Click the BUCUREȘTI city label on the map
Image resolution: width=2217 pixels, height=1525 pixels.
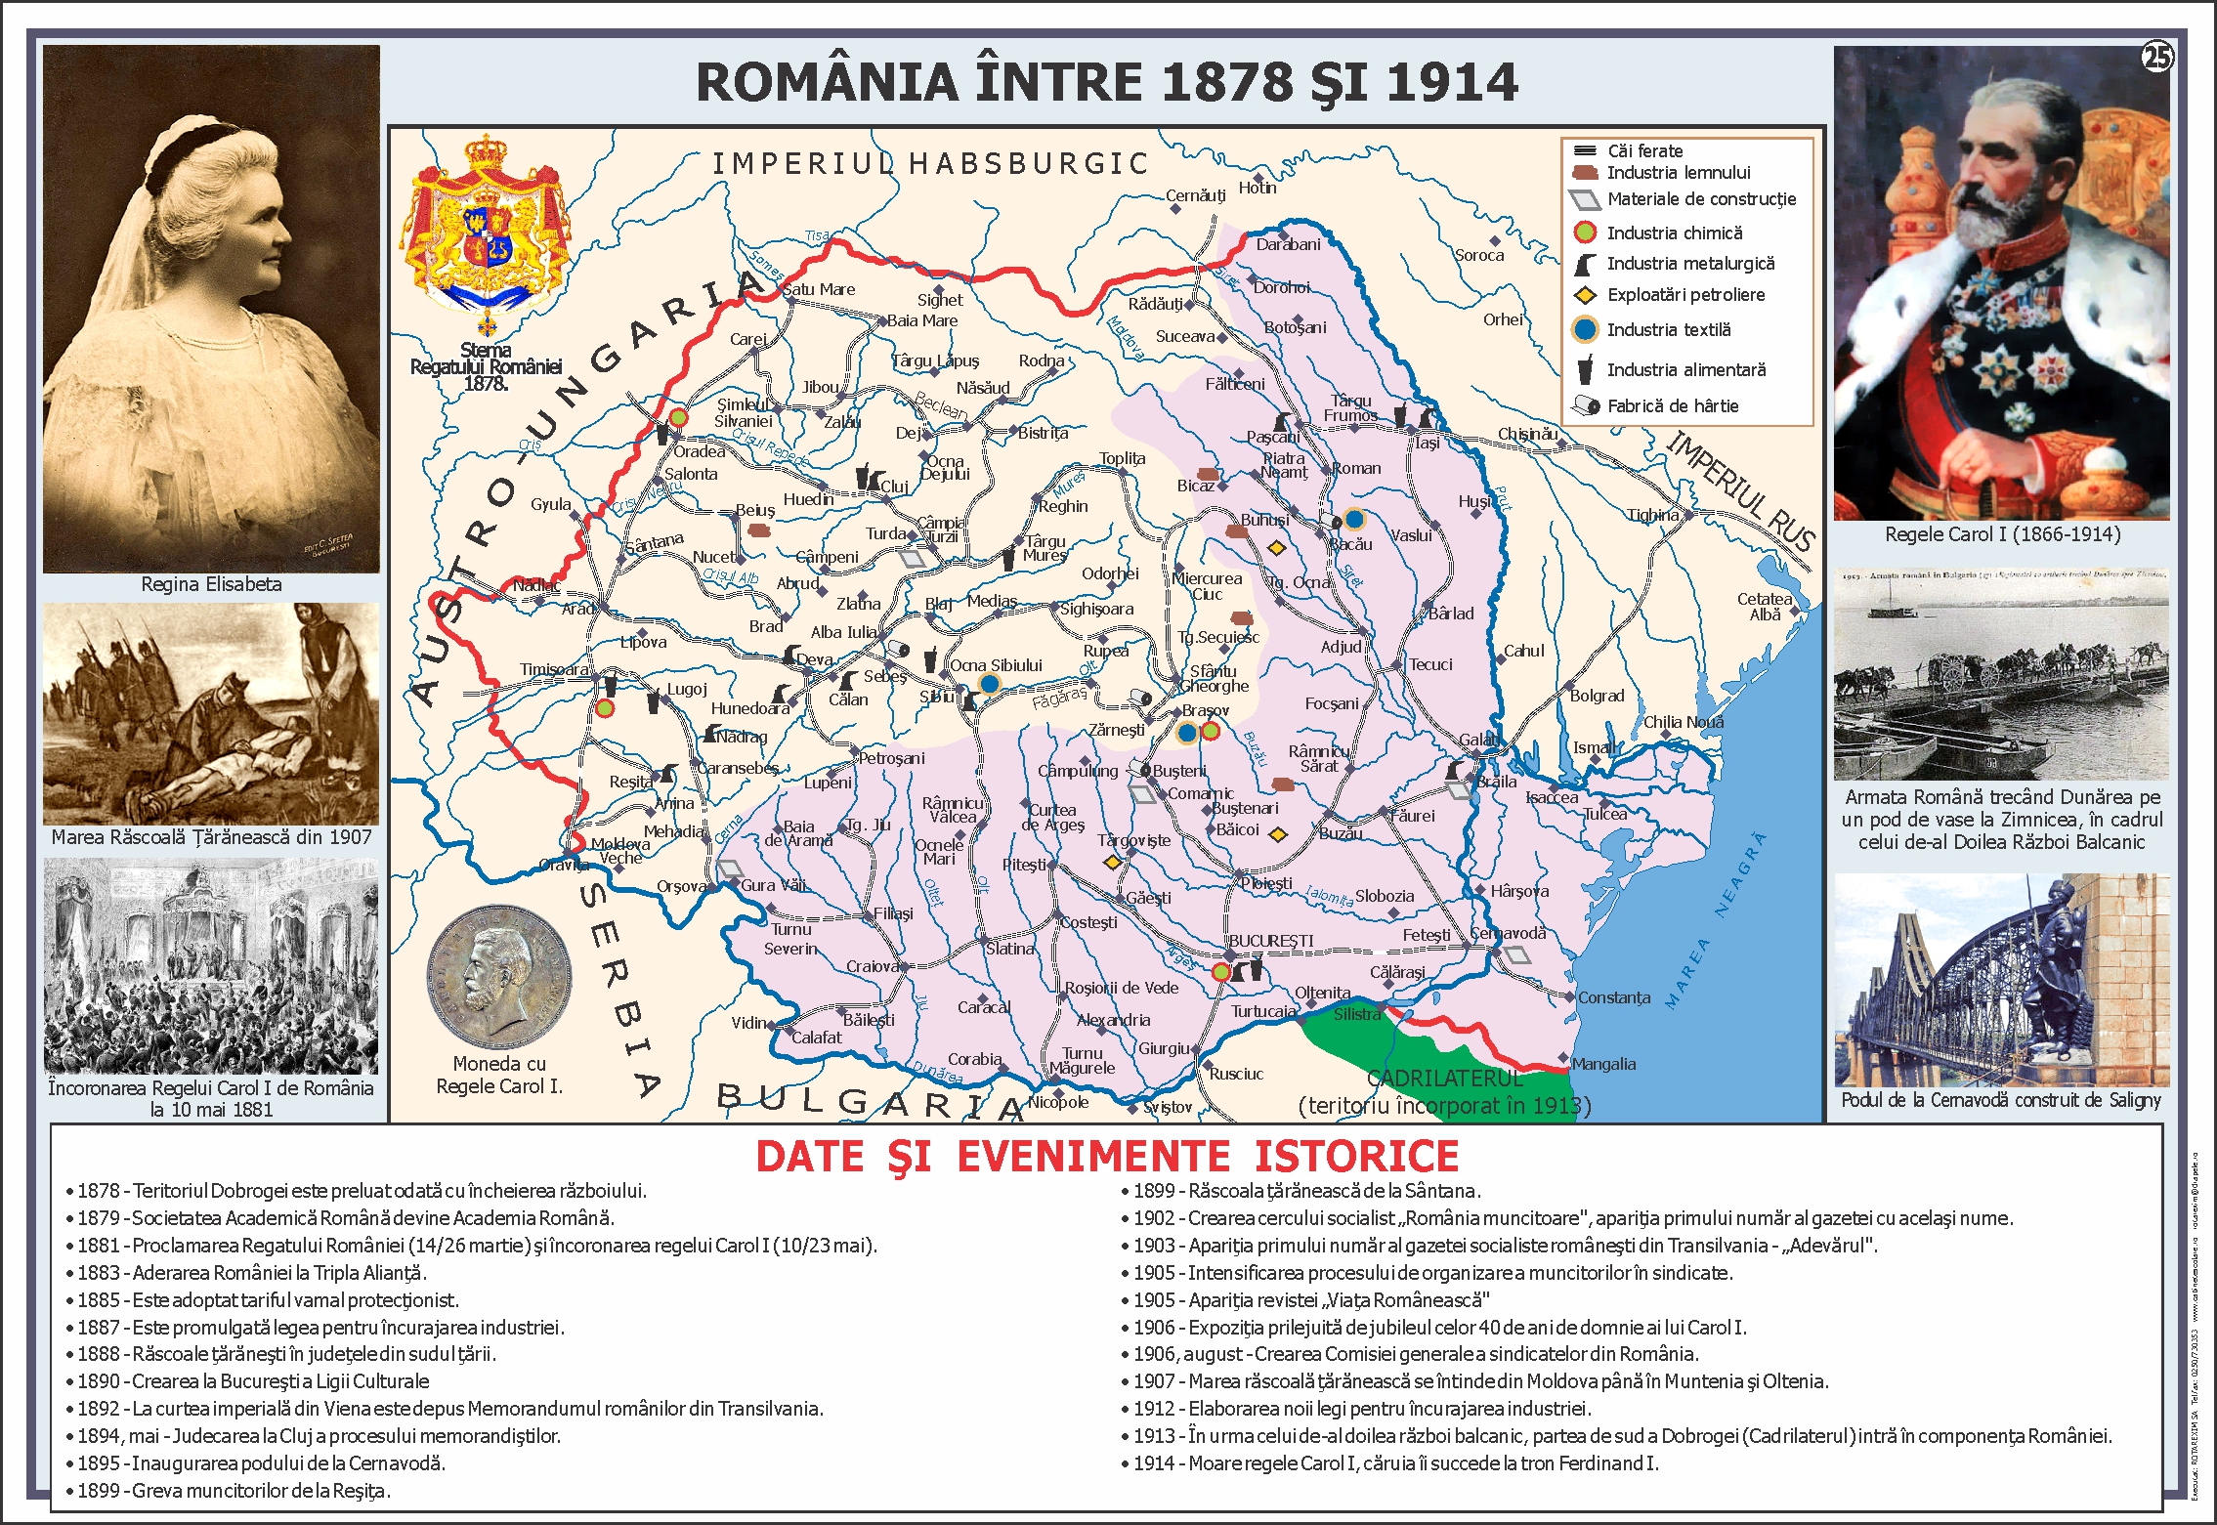point(1270,941)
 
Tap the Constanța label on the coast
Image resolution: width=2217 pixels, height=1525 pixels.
point(1614,997)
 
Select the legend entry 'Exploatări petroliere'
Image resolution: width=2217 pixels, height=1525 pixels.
point(1685,295)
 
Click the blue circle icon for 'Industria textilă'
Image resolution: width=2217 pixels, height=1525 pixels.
point(1585,330)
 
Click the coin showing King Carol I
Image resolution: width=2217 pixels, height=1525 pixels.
point(499,977)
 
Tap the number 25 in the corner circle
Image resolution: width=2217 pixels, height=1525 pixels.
point(2156,58)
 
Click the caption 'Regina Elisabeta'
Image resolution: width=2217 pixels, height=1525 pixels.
point(211,584)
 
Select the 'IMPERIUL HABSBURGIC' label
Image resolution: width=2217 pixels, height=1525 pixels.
point(929,163)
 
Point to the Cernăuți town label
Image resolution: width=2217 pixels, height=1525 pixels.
point(1195,195)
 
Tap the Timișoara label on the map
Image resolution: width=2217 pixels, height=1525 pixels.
point(554,669)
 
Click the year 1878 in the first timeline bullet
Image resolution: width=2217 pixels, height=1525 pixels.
point(98,1191)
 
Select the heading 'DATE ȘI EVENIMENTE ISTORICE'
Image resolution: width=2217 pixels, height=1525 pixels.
point(1107,1157)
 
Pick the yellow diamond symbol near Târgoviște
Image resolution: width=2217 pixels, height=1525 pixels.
point(1112,863)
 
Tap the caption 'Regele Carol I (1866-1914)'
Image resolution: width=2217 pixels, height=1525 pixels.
point(2002,534)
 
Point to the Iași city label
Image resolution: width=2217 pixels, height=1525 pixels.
point(1428,443)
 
